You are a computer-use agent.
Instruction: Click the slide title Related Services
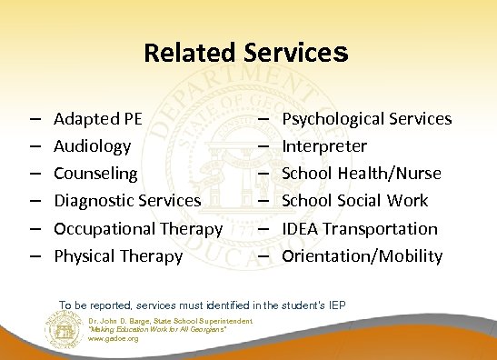(246, 53)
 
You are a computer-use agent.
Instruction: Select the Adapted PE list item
(97, 118)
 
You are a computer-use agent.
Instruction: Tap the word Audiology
(93, 145)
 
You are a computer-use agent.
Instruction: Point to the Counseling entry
(96, 173)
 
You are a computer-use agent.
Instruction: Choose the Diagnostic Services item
(127, 200)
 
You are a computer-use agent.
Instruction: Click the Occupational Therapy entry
(138, 228)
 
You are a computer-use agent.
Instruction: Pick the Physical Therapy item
(118, 255)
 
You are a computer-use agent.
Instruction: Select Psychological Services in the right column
(367, 118)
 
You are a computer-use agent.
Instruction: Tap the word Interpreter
(325, 145)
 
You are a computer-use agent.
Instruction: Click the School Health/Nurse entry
(363, 173)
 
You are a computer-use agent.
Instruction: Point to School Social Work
(355, 200)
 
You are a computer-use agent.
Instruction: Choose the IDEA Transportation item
(361, 228)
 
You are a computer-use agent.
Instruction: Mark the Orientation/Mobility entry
(363, 255)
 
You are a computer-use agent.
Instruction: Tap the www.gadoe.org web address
(114, 338)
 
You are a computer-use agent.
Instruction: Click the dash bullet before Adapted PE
(33, 119)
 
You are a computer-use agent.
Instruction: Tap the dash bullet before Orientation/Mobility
(263, 256)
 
